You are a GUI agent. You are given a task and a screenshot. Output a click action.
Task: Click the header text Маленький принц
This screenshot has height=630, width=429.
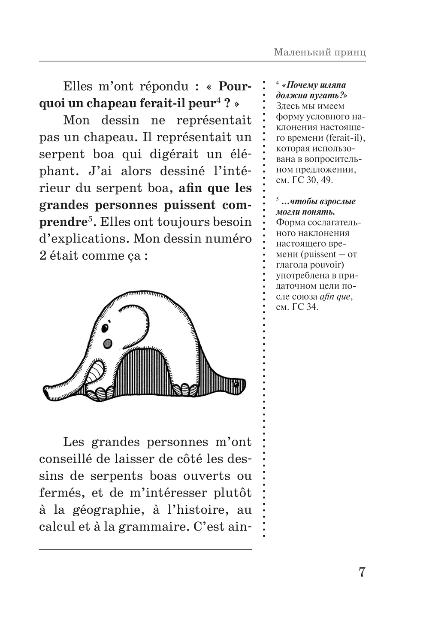coord(320,53)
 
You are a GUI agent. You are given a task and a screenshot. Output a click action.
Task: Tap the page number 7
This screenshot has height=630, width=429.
coord(361,572)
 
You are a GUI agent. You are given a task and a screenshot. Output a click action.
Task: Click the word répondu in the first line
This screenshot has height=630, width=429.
coord(164,86)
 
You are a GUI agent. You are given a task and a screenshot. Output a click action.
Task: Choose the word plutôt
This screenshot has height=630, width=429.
coord(231,493)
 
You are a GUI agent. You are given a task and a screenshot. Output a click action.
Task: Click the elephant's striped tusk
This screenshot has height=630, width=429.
coord(97,370)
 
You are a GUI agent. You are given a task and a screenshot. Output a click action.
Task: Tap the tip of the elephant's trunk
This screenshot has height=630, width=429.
coord(47,392)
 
